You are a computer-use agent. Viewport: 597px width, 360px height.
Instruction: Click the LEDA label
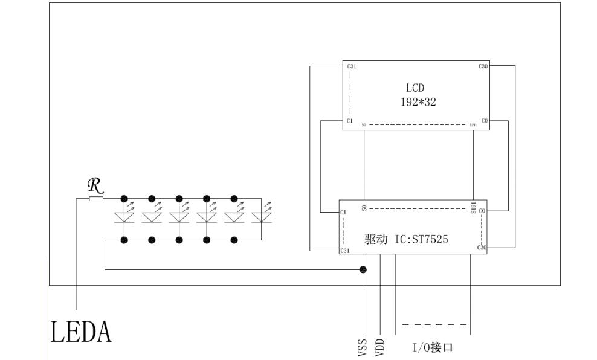(x=81, y=332)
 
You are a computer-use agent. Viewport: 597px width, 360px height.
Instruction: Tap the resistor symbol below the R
(x=96, y=198)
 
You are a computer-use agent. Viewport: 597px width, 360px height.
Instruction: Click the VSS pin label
(x=363, y=347)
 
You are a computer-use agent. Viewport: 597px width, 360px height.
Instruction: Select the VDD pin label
(x=380, y=347)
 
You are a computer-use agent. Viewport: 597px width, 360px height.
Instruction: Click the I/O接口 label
(x=433, y=348)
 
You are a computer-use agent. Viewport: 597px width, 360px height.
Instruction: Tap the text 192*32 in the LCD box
(x=418, y=102)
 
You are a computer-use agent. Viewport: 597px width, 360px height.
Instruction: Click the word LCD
(x=415, y=88)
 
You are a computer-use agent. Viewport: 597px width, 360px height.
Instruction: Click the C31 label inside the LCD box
(x=350, y=66)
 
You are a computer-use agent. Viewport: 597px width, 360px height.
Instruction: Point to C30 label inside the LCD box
(x=483, y=66)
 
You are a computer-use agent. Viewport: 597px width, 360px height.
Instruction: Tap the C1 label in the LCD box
(x=349, y=121)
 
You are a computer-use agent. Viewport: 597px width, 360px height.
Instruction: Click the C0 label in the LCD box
(x=485, y=121)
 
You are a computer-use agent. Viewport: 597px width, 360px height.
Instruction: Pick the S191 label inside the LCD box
(x=473, y=125)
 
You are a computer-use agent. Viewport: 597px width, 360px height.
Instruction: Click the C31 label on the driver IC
(x=345, y=250)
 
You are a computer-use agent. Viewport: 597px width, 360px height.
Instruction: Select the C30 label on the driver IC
(x=482, y=248)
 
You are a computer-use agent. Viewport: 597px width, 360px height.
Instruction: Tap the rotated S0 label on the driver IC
(x=364, y=208)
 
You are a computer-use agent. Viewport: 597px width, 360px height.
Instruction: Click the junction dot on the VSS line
(x=363, y=269)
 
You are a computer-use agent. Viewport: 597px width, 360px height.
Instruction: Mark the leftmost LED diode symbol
(x=124, y=216)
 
